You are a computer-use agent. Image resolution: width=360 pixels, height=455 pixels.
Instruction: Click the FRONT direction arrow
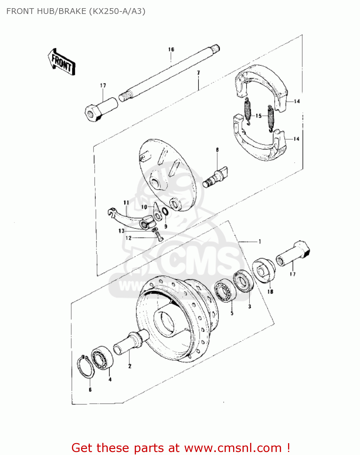[x=62, y=62]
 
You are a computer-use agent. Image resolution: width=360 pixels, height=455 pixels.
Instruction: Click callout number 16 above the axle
[x=171, y=49]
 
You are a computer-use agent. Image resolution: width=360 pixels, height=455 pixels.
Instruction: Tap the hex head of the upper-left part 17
[x=92, y=113]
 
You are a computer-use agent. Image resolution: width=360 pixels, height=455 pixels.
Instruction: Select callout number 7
[x=198, y=73]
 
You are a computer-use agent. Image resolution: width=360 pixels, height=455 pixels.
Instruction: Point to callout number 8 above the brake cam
[x=217, y=150]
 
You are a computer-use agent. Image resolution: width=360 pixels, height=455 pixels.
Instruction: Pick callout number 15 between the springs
[x=258, y=116]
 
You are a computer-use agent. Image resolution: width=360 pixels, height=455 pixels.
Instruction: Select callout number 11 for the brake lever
[x=126, y=203]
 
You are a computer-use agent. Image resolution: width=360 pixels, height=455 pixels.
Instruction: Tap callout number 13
[x=121, y=231]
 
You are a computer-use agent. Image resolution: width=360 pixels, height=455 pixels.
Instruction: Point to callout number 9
[x=166, y=226]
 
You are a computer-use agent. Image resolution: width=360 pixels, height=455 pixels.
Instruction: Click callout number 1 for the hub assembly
[x=260, y=241]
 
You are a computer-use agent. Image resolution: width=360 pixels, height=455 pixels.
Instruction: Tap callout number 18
[x=270, y=292]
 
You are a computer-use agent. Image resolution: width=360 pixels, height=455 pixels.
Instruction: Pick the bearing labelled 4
[x=103, y=358]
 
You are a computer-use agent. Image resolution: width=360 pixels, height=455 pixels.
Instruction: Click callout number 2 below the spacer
[x=130, y=366]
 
